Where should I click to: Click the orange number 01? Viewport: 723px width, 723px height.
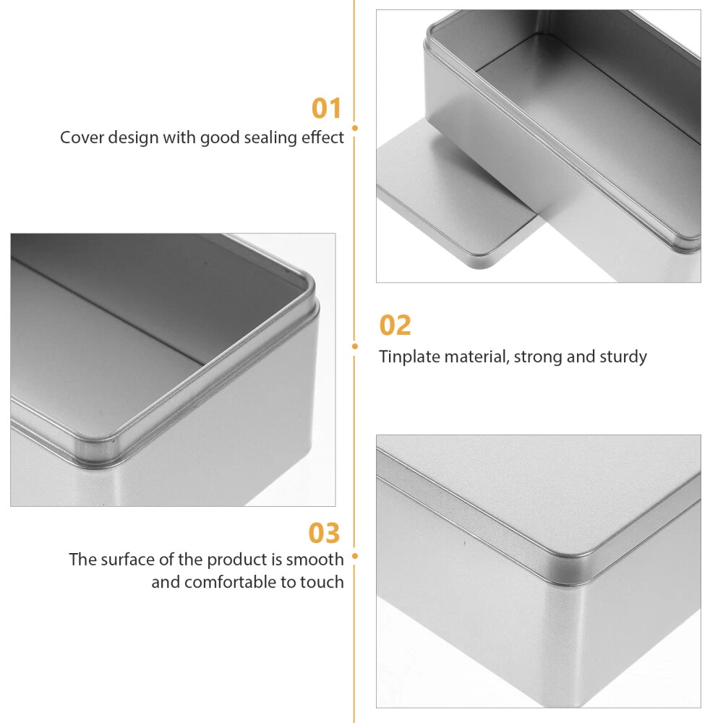327,108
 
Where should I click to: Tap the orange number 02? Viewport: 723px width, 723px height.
395,325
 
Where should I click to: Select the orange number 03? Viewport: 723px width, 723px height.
324,533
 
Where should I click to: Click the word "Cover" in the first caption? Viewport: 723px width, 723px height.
82,137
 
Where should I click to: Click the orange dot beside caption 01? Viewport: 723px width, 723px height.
354,128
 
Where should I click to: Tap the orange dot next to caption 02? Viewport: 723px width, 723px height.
354,346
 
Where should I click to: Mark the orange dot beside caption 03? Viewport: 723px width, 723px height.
354,556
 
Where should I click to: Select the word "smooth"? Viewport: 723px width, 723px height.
315,560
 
